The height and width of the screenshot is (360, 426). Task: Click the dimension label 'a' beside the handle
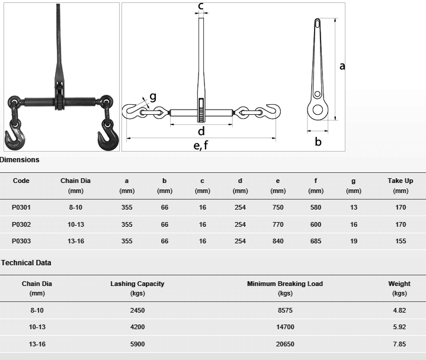coord(342,66)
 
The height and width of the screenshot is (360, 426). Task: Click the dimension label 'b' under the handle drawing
coord(318,142)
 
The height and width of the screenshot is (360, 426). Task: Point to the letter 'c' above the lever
coord(201,7)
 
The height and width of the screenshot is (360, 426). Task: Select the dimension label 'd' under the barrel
coord(201,131)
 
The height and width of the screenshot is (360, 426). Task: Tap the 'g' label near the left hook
coord(152,97)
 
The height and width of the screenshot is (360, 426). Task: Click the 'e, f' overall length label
coord(201,145)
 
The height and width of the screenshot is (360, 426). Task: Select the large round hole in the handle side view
coord(318,110)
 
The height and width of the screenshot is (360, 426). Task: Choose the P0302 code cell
coord(21,224)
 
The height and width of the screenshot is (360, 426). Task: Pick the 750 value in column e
coord(278,208)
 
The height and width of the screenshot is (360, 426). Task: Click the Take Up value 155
coord(401,241)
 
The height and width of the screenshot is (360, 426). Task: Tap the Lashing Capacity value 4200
coord(137,327)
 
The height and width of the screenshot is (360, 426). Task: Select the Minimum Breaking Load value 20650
coord(285,344)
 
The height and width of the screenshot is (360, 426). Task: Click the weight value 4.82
coord(399,310)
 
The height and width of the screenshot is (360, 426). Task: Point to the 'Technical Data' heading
coord(27,263)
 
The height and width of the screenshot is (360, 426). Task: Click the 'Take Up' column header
coord(401,181)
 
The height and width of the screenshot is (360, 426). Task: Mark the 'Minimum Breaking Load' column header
coord(285,284)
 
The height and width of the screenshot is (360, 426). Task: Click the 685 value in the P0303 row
coord(316,241)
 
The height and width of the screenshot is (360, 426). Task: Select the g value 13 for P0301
coord(354,208)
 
